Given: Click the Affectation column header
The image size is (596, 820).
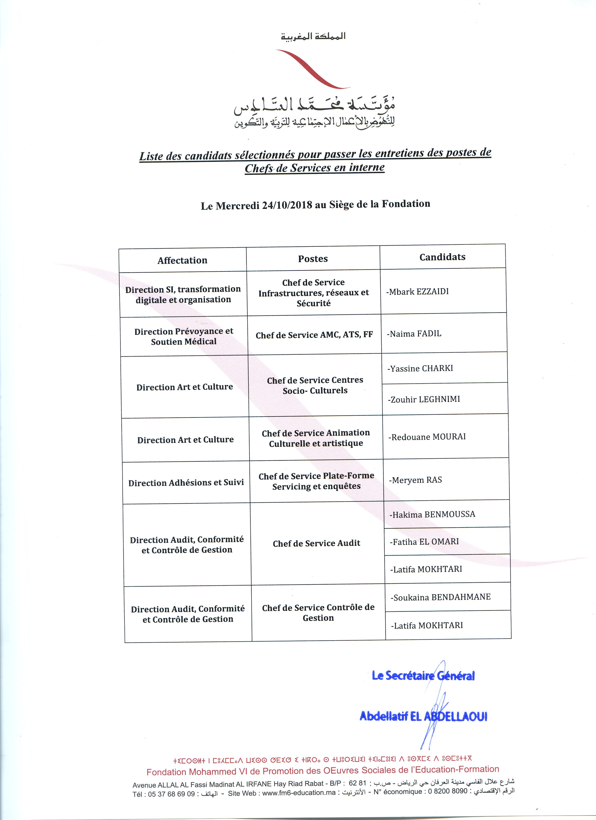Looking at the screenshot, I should [x=182, y=260].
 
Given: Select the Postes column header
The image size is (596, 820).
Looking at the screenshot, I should [x=313, y=259].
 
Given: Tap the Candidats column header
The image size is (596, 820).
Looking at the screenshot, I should [x=442, y=257].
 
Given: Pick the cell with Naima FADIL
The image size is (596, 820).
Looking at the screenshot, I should [x=414, y=334].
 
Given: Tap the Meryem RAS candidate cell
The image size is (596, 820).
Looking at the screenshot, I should [x=416, y=480].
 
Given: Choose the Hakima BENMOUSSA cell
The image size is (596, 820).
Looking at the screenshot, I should [x=433, y=515].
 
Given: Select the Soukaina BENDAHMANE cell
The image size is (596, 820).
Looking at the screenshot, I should [x=441, y=597].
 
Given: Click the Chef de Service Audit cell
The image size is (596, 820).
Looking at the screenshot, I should [x=316, y=543].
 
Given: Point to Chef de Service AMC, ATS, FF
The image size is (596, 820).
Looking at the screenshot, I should [x=314, y=335].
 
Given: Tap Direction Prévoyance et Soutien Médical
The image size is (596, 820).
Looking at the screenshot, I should [x=184, y=336].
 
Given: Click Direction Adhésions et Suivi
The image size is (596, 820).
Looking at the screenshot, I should [x=186, y=483].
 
